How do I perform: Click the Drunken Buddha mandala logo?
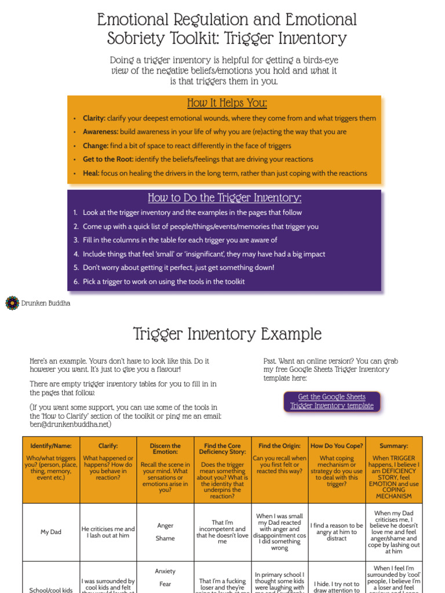12,303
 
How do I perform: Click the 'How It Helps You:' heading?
227,103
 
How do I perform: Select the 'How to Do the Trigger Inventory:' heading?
224,197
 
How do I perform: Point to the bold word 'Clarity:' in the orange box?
94,118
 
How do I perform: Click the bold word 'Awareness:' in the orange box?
100,132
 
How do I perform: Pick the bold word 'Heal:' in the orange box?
91,173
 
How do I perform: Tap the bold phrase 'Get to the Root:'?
108,159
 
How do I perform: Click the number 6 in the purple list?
76,282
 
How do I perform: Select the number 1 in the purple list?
75,213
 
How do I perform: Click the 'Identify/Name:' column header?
51,446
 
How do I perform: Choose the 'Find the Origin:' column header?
279,446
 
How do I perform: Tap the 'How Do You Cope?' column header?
337,446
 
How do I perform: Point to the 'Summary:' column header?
394,446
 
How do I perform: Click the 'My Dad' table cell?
51,532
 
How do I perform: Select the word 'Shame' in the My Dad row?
165,539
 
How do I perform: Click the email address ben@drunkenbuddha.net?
70,424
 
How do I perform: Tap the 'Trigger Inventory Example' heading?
227,334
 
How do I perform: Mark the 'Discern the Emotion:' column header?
165,449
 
